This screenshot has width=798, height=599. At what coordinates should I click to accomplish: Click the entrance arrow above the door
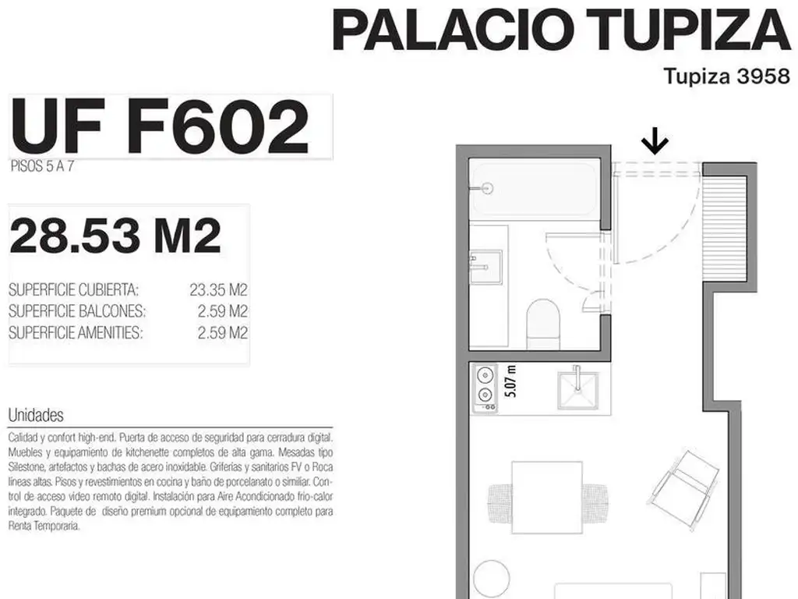tap(655, 141)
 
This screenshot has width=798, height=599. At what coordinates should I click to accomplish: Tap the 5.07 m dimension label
tap(510, 381)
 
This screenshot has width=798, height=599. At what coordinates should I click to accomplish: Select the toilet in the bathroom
tap(543, 324)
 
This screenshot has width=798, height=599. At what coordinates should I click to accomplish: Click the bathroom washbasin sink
tap(486, 267)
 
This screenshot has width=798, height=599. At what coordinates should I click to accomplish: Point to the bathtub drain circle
tap(488, 189)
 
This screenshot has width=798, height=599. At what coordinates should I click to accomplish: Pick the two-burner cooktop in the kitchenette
tap(485, 388)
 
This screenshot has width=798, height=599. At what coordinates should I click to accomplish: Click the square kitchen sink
tap(577, 390)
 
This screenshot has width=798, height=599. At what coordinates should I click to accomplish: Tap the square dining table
tap(546, 497)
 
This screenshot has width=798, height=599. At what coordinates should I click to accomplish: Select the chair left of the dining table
tap(500, 503)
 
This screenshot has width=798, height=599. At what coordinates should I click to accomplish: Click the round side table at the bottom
tap(491, 580)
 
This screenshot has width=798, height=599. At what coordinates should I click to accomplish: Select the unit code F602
tap(218, 127)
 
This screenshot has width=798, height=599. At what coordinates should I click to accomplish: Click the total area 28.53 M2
tap(115, 236)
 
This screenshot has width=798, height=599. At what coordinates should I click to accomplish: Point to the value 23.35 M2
tap(218, 290)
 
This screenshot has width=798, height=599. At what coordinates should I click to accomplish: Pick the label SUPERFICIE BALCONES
tap(77, 310)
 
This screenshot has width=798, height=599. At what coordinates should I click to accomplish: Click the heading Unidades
tap(36, 415)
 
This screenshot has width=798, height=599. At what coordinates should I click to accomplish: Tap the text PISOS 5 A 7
tap(42, 167)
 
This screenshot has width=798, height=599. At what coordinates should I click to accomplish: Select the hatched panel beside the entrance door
tap(724, 228)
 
